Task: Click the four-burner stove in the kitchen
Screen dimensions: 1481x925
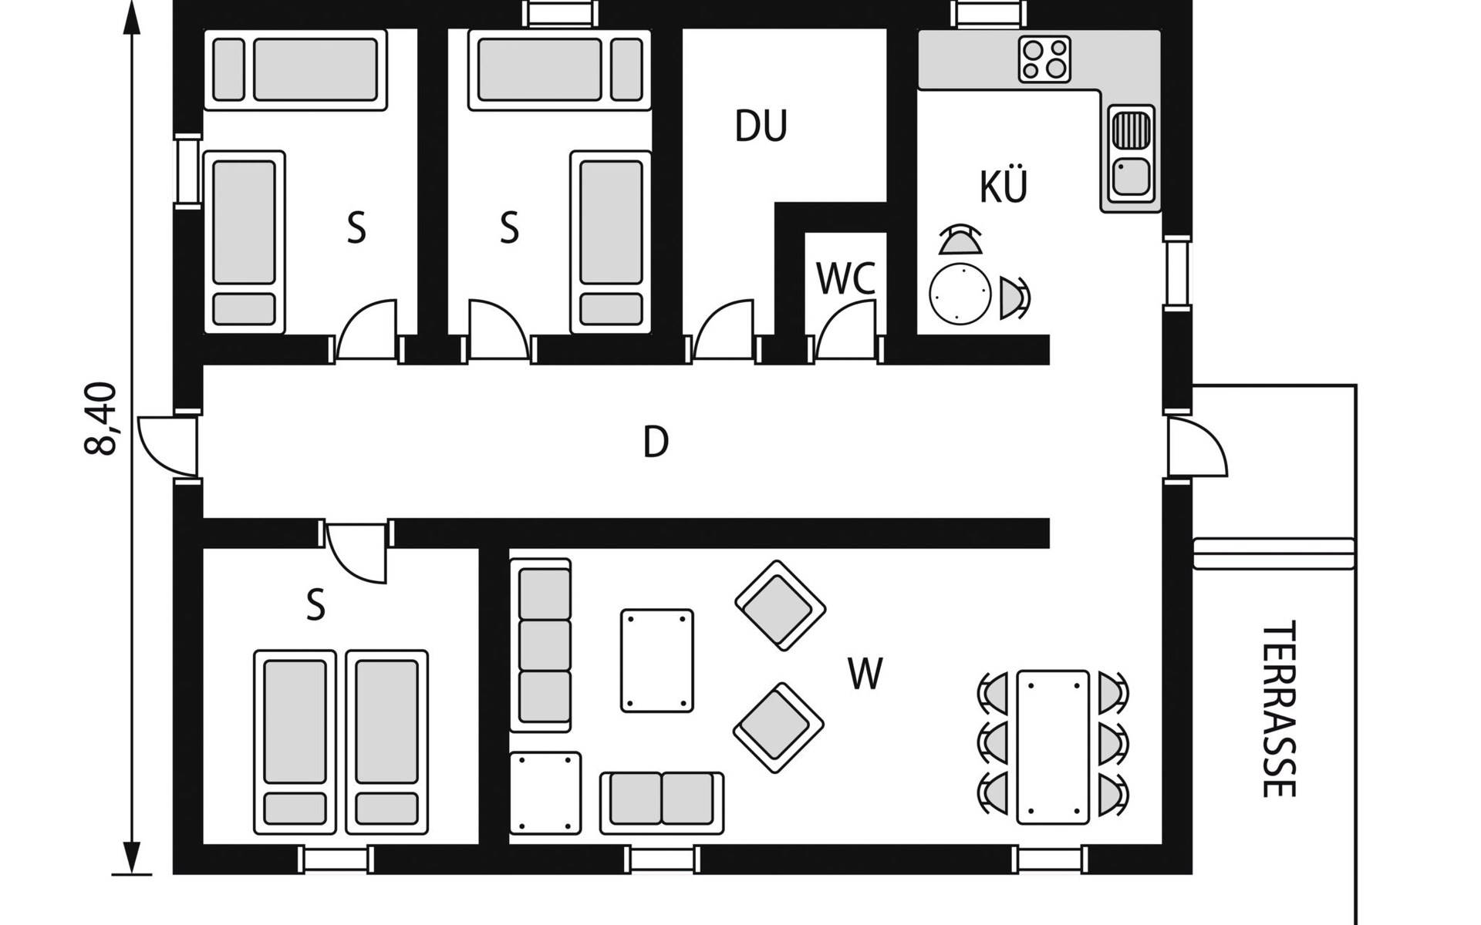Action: coord(1044,59)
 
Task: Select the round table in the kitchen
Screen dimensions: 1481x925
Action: coord(960,294)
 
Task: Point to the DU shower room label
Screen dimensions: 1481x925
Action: coord(761,126)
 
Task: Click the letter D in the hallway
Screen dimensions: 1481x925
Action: coord(656,442)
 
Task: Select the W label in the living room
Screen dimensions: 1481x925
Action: coord(865,674)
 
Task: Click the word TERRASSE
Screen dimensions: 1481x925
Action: coord(1278,709)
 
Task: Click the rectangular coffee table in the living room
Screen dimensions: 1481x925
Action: coord(657,661)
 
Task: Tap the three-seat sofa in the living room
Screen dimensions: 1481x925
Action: coord(541,644)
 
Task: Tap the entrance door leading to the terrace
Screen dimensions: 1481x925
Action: coord(1196,448)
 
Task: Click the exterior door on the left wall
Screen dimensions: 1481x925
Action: coord(168,447)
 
